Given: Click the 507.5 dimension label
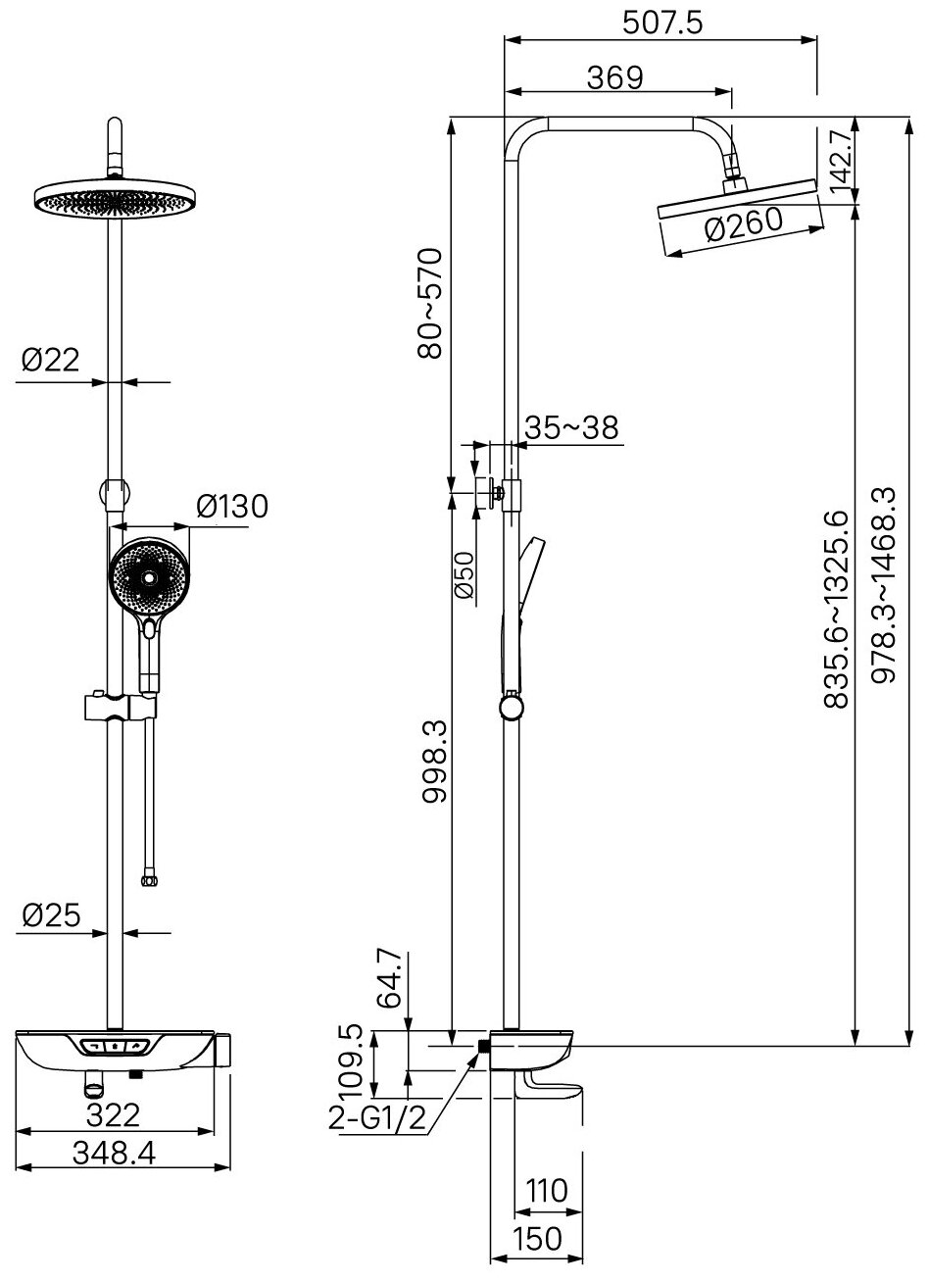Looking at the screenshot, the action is click(663, 22).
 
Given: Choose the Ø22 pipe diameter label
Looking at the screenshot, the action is click(50, 361).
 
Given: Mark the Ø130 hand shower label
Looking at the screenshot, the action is click(231, 507).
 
